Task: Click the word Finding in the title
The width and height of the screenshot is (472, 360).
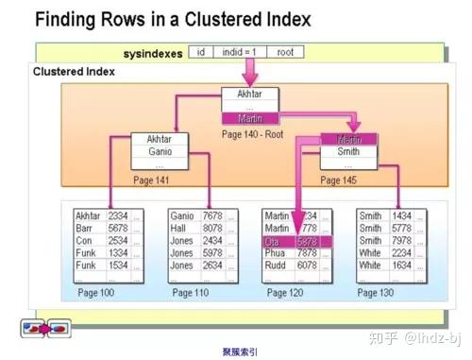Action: [67, 20]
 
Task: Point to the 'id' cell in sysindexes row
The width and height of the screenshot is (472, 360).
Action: [201, 53]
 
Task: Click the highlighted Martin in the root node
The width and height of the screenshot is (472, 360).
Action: [251, 119]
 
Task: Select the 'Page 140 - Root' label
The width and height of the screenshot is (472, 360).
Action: [252, 134]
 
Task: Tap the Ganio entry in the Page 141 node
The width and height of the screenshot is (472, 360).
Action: [160, 151]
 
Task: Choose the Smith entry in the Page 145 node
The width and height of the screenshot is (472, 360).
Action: [348, 151]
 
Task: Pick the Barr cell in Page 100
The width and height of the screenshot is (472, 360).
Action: [87, 228]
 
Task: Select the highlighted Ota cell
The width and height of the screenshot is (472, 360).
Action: [275, 241]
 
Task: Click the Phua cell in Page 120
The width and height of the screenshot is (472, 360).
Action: [277, 253]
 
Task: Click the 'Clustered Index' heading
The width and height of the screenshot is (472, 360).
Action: [74, 72]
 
